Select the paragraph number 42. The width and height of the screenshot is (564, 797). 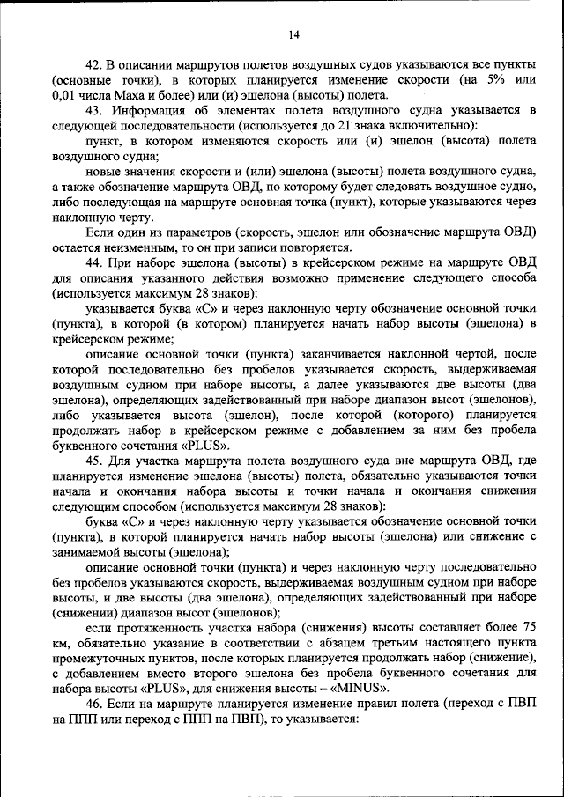(x=95, y=65)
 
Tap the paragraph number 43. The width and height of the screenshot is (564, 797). (x=95, y=110)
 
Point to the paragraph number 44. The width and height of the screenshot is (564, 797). (x=95, y=262)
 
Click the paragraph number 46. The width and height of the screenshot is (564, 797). (x=95, y=704)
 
